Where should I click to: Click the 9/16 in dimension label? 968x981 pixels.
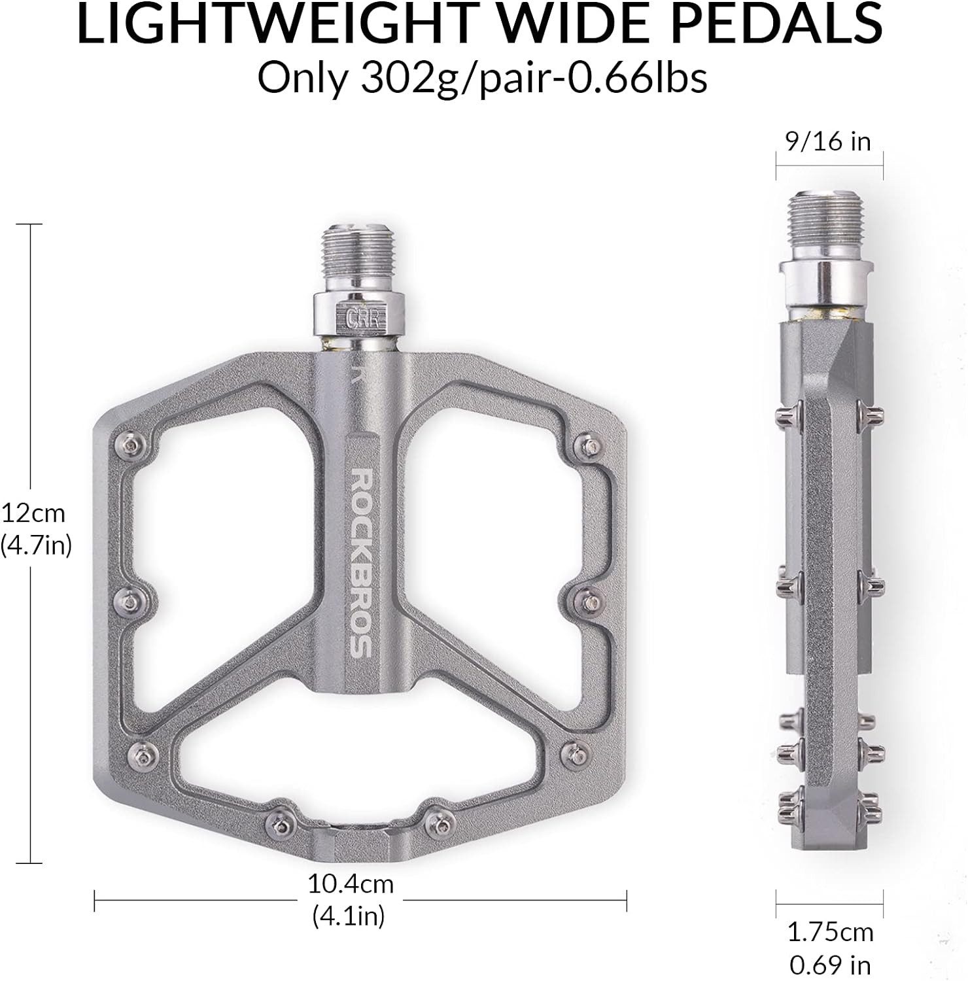829,141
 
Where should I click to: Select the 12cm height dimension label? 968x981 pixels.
33,513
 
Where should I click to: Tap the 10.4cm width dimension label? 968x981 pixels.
351,884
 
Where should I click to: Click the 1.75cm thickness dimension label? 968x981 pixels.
830,932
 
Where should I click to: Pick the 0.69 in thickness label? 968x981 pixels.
830,965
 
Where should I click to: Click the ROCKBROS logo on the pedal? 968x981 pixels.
361,562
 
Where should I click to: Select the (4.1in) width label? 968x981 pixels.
349,915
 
